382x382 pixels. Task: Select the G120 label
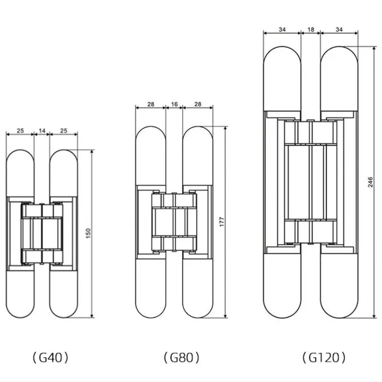pyautogui.click(x=324, y=357)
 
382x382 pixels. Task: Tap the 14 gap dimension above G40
pyautogui.click(x=42, y=130)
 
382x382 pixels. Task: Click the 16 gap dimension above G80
pyautogui.click(x=174, y=103)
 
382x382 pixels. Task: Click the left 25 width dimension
pyautogui.click(x=20, y=130)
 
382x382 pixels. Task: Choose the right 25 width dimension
pyautogui.click(x=64, y=130)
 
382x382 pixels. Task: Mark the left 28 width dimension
pyautogui.click(x=150, y=103)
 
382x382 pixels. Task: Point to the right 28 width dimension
pyautogui.click(x=197, y=103)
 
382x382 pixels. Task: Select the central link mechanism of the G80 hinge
pyautogui.click(x=174, y=222)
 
